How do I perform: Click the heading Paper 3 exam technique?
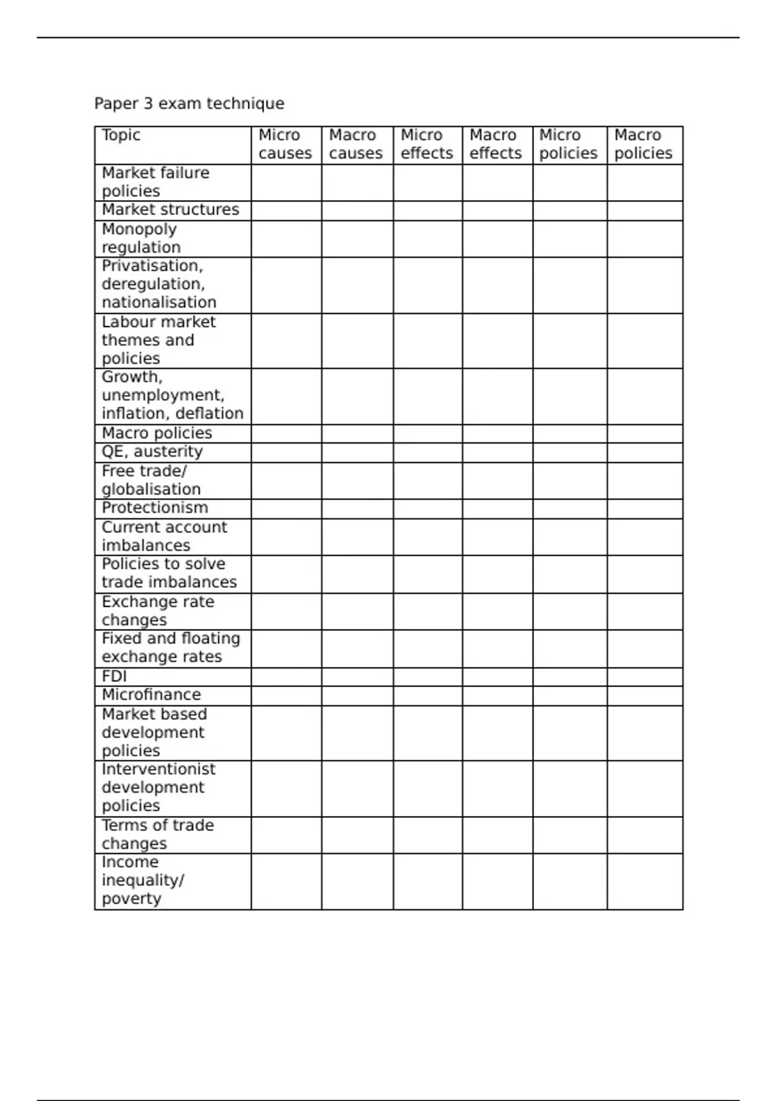pyautogui.click(x=189, y=104)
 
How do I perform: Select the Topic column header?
pyautogui.click(x=121, y=135)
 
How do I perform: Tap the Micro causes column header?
pyautogui.click(x=285, y=144)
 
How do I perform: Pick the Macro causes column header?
pyautogui.click(x=355, y=144)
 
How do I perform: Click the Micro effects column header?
pyautogui.click(x=427, y=144)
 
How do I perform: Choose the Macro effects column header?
pyautogui.click(x=495, y=144)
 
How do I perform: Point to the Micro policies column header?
pyautogui.click(x=568, y=144)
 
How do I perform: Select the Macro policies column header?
pyautogui.click(x=643, y=144)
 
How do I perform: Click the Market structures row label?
pyautogui.click(x=170, y=210)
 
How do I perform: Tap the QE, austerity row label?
pyautogui.click(x=152, y=451)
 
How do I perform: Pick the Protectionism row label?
pyautogui.click(x=155, y=508)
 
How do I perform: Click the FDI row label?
pyautogui.click(x=114, y=676)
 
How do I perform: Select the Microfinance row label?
pyautogui.click(x=152, y=695)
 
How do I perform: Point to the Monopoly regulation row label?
pyautogui.click(x=141, y=238)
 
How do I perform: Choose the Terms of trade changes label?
pyautogui.click(x=157, y=834)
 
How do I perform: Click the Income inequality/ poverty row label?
pyautogui.click(x=142, y=880)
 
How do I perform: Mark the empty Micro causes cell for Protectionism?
pyautogui.click(x=286, y=508)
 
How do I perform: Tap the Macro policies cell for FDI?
pyautogui.click(x=645, y=677)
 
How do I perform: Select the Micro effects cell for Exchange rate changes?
pyautogui.click(x=427, y=611)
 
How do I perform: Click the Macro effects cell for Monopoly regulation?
pyautogui.click(x=497, y=239)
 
